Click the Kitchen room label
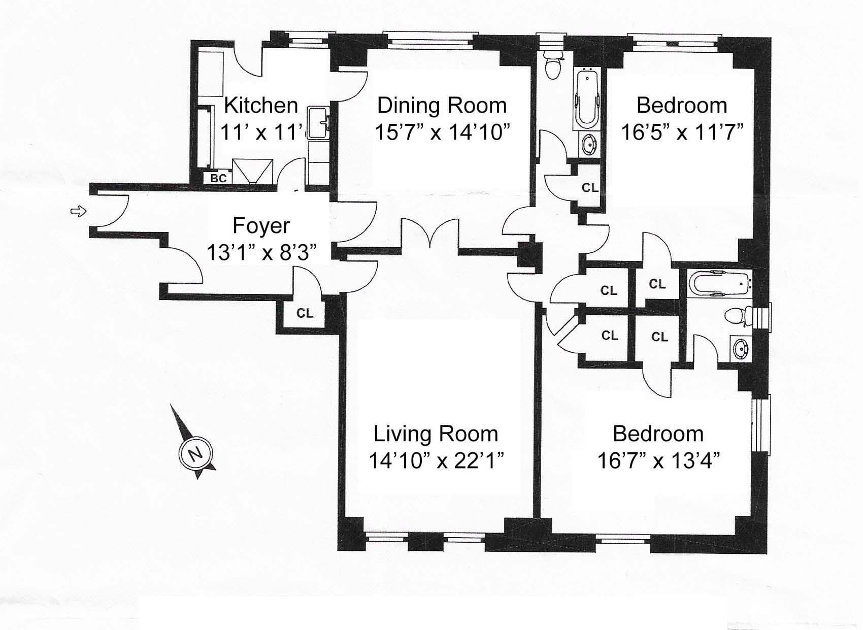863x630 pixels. [x=261, y=105]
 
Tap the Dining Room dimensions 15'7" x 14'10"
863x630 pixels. [x=442, y=132]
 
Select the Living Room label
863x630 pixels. [x=436, y=434]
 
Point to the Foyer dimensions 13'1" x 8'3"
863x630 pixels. [x=261, y=253]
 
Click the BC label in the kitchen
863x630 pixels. [x=218, y=178]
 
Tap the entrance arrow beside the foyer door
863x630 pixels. [x=78, y=211]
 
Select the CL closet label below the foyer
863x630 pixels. [x=305, y=313]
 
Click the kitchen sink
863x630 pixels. [x=319, y=122]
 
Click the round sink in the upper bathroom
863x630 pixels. [x=588, y=145]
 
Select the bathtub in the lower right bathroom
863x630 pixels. [x=719, y=284]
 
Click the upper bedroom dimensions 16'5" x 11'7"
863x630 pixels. [x=682, y=132]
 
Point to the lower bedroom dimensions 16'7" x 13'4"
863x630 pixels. [x=658, y=460]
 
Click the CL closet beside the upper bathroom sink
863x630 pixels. [x=590, y=188]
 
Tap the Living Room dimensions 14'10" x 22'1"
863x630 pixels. [x=437, y=460]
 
